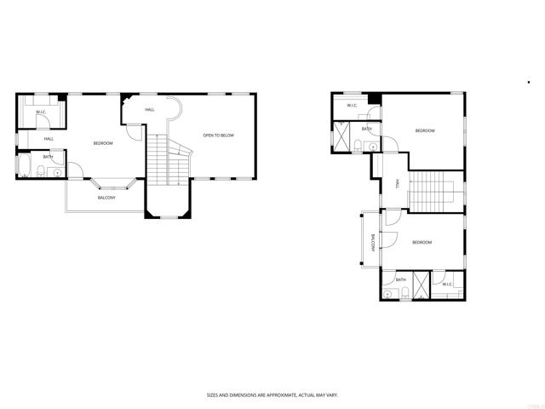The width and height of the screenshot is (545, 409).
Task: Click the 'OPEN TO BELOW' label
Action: coord(218,135)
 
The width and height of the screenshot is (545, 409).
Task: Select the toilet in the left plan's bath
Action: coord(41,173)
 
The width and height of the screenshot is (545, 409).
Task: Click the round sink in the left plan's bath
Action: coord(57,172)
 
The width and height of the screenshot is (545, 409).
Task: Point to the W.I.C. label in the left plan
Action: coord(40,112)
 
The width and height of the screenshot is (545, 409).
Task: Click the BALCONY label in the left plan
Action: coord(106,197)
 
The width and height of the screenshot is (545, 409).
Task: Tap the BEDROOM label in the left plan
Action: coord(103,143)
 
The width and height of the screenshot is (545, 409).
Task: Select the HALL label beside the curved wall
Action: coord(150,110)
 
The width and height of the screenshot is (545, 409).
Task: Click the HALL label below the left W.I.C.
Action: coord(49,139)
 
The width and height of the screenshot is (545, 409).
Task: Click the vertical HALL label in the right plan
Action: coord(397,184)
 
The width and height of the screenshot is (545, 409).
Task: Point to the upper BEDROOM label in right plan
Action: coord(425,130)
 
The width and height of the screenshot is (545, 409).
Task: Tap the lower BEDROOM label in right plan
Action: coord(422,242)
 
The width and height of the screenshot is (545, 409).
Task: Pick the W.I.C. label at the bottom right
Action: coord(447,284)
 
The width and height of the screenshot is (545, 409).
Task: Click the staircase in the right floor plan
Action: coord(435,190)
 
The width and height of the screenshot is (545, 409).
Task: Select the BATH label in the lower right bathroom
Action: coord(400,279)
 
